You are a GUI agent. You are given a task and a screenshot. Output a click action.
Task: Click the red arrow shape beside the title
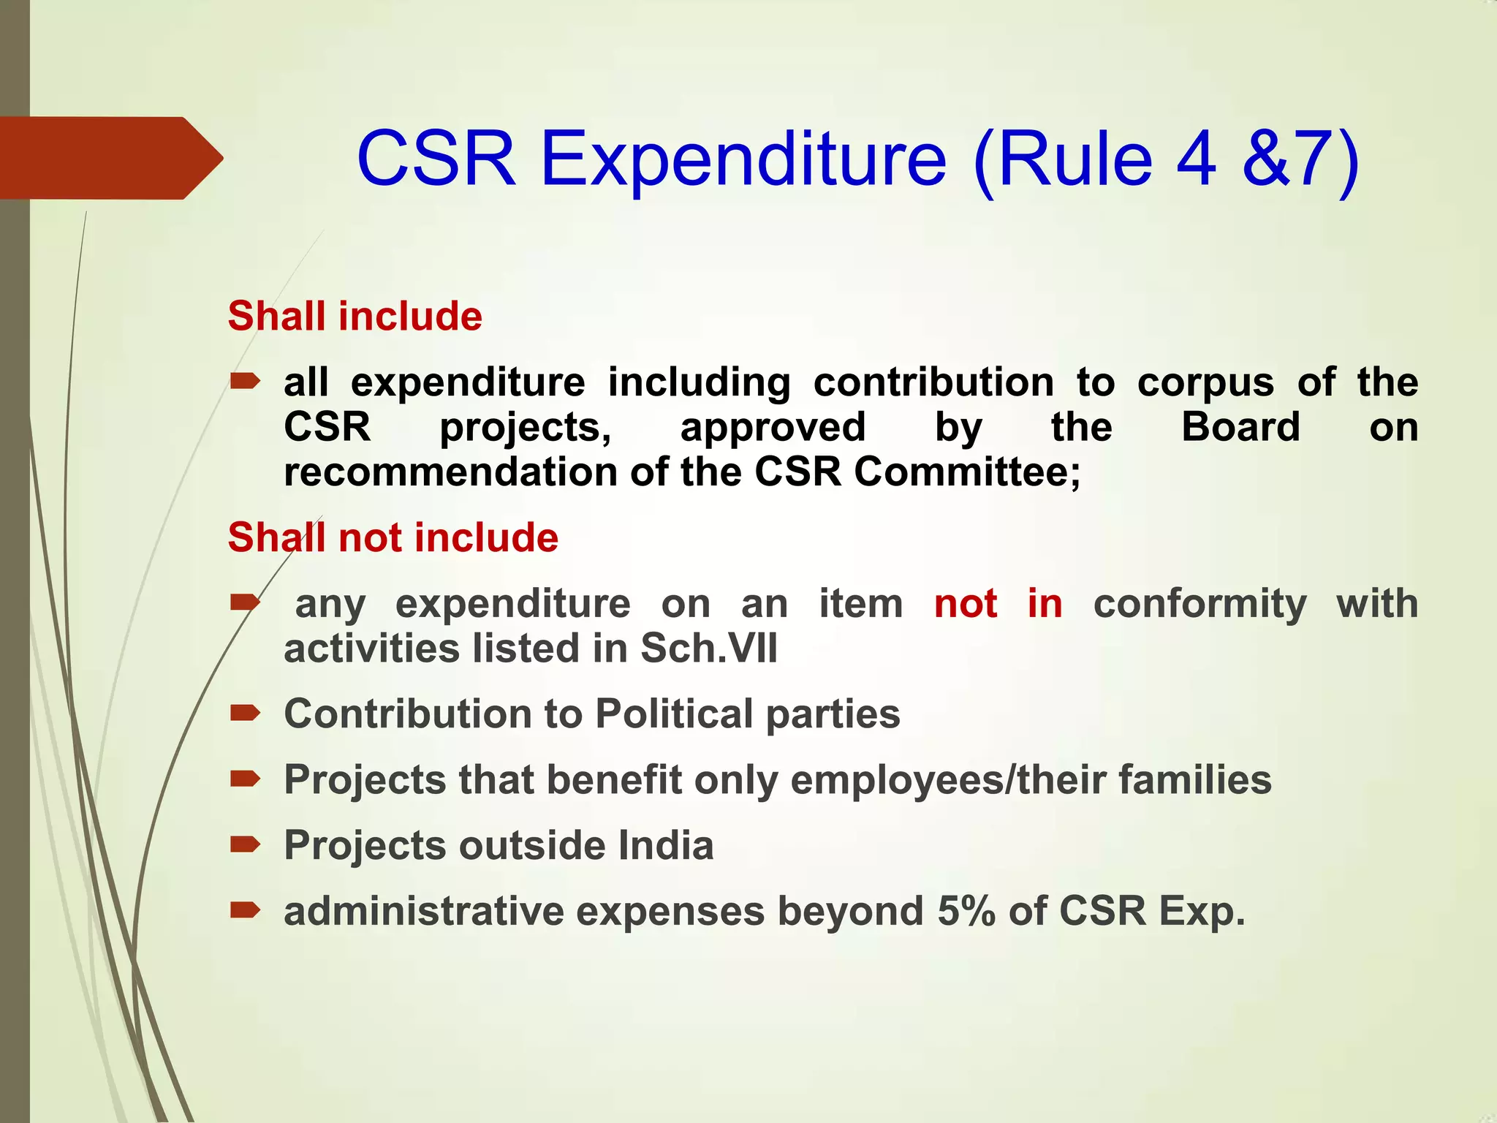[x=110, y=158]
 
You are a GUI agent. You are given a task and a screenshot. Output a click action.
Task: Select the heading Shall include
[x=355, y=317]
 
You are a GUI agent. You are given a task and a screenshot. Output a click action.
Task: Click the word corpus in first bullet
[x=1205, y=383]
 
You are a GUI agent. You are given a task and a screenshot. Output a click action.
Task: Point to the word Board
[x=1240, y=427]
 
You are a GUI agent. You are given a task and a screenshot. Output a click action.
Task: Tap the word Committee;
[x=967, y=472]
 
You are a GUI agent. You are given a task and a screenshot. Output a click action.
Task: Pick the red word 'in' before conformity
[x=1045, y=604]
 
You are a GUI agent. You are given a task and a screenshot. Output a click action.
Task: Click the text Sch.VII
[x=708, y=649]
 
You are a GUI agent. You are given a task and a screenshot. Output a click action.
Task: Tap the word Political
[x=673, y=714]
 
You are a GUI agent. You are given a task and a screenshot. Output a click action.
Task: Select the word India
[x=665, y=846]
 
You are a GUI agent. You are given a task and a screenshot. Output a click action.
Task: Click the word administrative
[x=423, y=912]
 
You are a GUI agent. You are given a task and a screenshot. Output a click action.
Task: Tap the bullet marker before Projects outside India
[x=245, y=845]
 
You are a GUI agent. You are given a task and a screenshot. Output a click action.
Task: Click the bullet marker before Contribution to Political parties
[x=245, y=713]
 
